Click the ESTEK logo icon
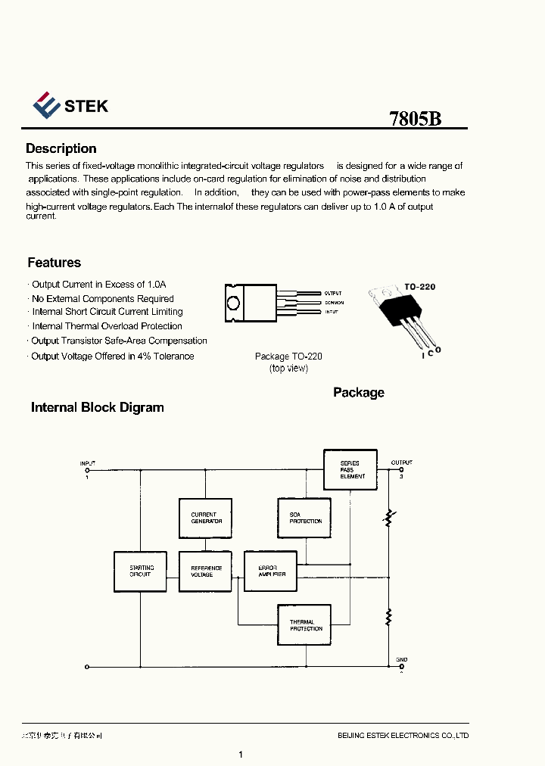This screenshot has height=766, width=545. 45,105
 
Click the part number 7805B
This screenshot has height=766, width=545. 415,119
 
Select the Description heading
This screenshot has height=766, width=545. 61,148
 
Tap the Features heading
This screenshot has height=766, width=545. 54,263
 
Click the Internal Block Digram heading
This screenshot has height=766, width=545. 97,407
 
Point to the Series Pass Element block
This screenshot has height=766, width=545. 350,470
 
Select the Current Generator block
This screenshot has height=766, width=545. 204,518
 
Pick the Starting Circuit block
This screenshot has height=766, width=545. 140,571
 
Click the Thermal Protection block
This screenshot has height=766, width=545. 304,625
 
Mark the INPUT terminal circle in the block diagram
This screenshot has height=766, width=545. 87,470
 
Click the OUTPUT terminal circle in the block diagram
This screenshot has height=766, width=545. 400,469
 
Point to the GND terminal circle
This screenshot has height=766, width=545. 400,667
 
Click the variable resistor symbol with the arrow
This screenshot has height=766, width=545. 389,518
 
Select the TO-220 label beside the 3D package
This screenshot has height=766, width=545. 419,287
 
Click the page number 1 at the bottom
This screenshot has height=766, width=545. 240,754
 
